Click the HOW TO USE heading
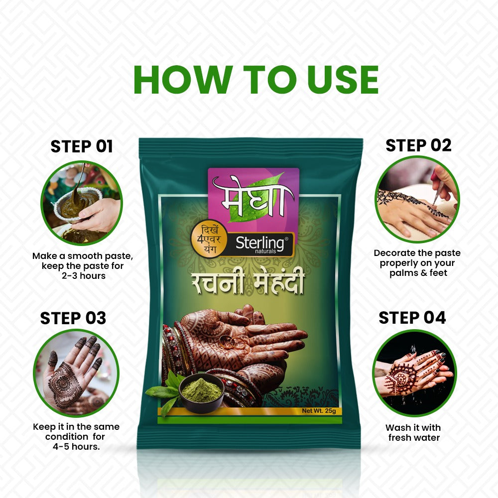point(256,79)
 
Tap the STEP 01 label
point(82,146)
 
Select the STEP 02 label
point(418,145)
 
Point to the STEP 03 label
point(73,318)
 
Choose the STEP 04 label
point(412,318)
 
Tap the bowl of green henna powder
point(202,390)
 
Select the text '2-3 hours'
point(83,275)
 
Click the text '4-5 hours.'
point(76,446)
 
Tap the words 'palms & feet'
point(417,272)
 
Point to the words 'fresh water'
point(413,438)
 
